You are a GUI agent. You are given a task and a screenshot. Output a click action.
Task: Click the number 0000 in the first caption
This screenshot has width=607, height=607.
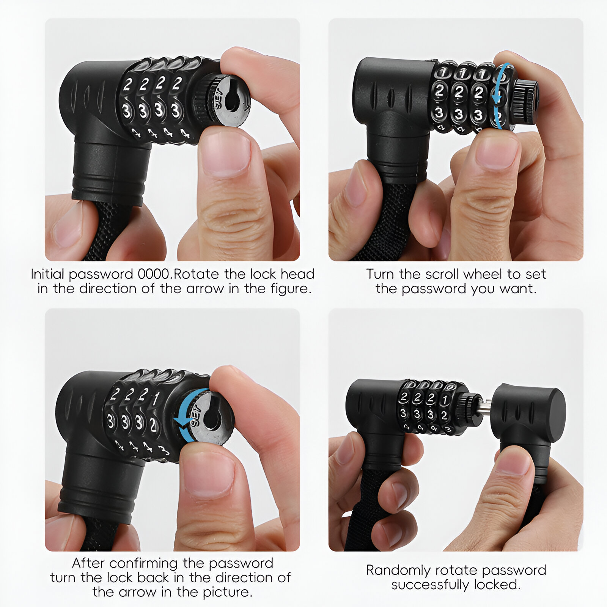coord(153,274)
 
